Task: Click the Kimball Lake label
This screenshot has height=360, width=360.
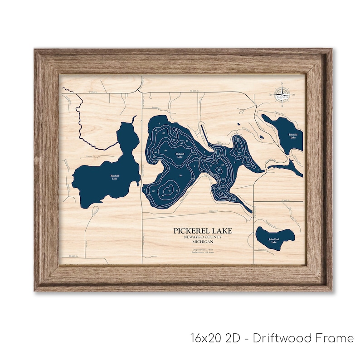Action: [x=113, y=177]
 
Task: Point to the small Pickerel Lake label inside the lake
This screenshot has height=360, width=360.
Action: [x=180, y=156]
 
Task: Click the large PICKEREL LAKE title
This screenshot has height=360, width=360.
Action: [x=202, y=231]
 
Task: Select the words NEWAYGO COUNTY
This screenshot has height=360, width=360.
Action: [x=202, y=237]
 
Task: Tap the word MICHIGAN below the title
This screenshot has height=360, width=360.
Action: [x=202, y=242]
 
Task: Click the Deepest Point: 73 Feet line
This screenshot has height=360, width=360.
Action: [x=202, y=249]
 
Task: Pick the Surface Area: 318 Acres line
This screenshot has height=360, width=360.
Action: [x=202, y=253]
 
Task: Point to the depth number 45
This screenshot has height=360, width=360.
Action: [x=169, y=190]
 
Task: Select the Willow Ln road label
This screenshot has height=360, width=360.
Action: [x=220, y=142]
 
